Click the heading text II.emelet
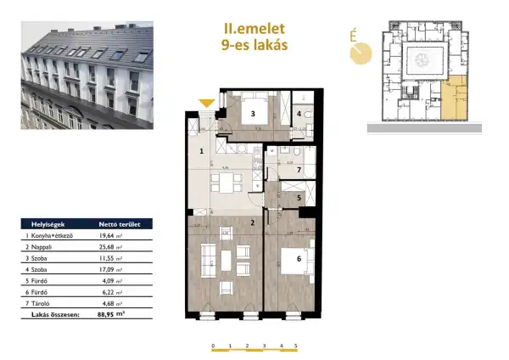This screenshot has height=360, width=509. point(251,28)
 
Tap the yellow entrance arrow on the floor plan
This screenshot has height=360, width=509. point(206,104)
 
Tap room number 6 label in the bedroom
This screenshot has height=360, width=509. point(299,259)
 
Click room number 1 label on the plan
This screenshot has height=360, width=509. point(202,152)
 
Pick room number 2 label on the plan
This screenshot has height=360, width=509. point(253,223)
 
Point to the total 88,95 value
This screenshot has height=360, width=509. point(103,313)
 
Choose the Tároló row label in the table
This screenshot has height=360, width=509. point(40,302)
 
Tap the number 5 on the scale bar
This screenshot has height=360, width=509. point(296,346)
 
